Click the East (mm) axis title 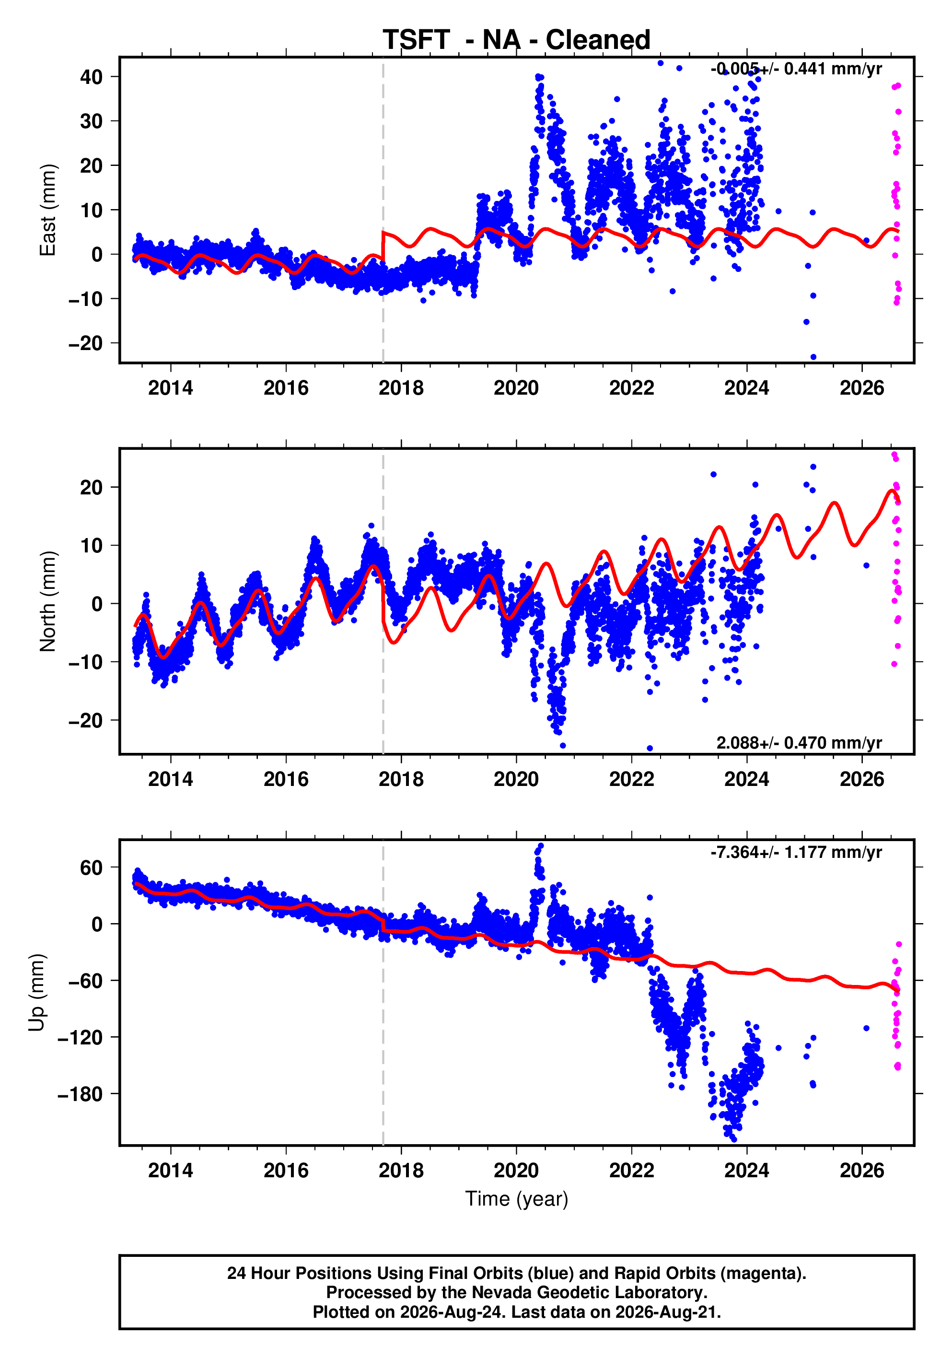47,210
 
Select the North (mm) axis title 47,601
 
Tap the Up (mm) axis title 37,993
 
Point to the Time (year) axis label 517,1198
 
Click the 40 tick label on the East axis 91,77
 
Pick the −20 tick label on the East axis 85,343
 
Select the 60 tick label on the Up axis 91,868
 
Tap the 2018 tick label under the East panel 401,388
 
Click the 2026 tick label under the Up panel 862,1171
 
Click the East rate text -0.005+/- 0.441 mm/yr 796,69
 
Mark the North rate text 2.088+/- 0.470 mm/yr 799,743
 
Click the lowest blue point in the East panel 813,357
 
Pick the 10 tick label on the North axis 91,546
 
